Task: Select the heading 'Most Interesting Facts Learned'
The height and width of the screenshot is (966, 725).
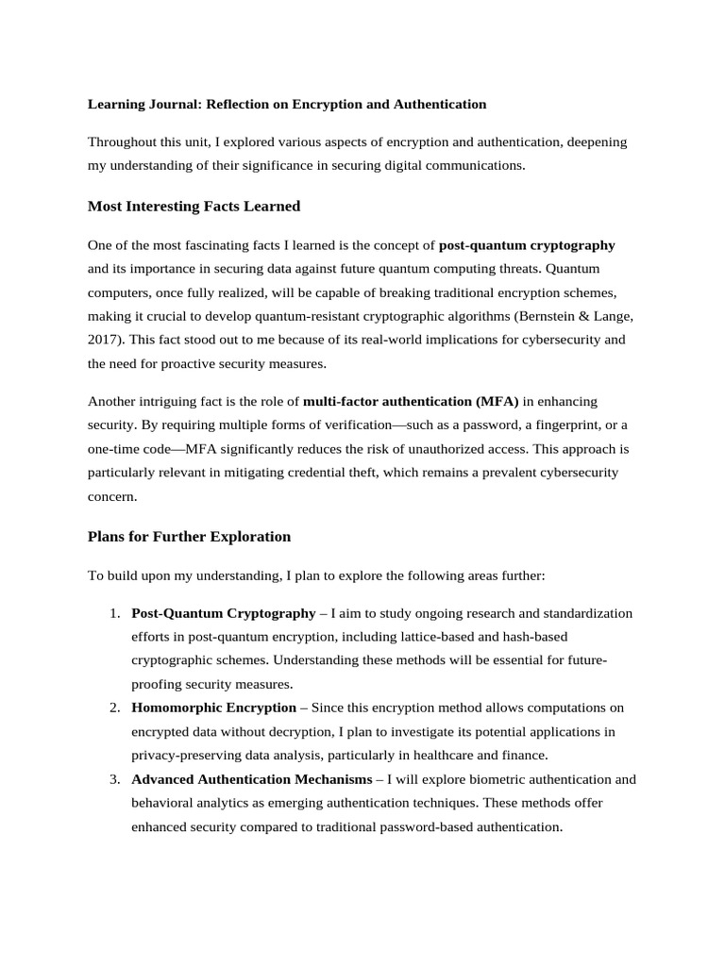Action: [x=194, y=206]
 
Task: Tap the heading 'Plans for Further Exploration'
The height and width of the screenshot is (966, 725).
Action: [x=189, y=536]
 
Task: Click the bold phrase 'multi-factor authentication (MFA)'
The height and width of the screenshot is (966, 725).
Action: [x=411, y=402]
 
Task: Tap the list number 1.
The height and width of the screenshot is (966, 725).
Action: [x=113, y=613]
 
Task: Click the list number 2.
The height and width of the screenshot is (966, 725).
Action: [x=113, y=708]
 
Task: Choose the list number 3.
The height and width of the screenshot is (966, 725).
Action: [x=113, y=779]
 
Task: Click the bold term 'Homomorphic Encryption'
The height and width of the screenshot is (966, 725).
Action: [x=213, y=708]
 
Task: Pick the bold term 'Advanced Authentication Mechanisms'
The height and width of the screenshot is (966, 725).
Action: [x=252, y=779]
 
